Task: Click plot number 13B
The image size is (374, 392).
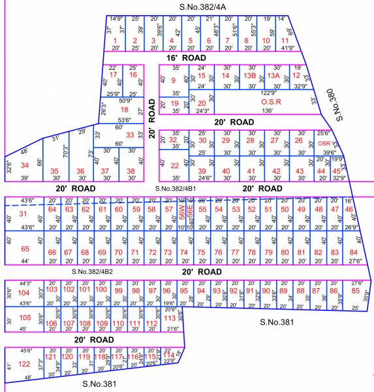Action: [x=249, y=76]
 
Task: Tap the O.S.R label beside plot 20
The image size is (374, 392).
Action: [x=270, y=102]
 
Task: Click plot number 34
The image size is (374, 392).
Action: [x=25, y=165]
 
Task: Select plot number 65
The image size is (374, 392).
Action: [x=25, y=249]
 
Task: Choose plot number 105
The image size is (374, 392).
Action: [x=25, y=318]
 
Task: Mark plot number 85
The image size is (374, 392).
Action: [x=355, y=291]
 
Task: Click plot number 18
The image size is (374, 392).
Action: [x=124, y=109]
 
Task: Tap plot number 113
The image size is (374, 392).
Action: [x=170, y=318]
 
